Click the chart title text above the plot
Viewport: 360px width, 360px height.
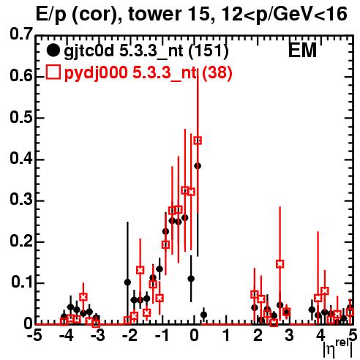pyautogui.click(x=192, y=14)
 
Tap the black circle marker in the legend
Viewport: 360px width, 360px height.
pyautogui.click(x=53, y=50)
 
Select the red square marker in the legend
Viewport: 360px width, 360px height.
pyautogui.click(x=53, y=72)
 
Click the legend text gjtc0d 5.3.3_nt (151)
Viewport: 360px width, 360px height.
pyautogui.click(x=146, y=51)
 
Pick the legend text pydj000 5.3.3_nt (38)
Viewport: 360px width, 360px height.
pyautogui.click(x=148, y=72)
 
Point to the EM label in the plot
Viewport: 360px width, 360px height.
pyautogui.click(x=302, y=50)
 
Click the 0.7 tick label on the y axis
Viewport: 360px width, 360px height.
pyautogui.click(x=21, y=34)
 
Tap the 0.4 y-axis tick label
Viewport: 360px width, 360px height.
pyautogui.click(x=21, y=159)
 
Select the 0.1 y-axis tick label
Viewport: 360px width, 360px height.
pyautogui.click(x=22, y=282)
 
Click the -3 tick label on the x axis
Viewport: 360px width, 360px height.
pyautogui.click(x=97, y=335)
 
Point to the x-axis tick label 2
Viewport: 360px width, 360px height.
pyautogui.click(x=258, y=335)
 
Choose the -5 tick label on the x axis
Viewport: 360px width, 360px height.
pyautogui.click(x=34, y=335)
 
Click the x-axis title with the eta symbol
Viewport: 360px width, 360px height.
pyautogui.click(x=338, y=348)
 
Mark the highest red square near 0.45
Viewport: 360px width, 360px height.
pyautogui.click(x=198, y=140)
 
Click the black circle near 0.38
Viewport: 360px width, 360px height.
pyautogui.click(x=198, y=166)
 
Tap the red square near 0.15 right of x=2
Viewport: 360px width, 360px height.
pyautogui.click(x=280, y=264)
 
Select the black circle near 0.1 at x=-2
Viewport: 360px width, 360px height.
pyautogui.click(x=127, y=282)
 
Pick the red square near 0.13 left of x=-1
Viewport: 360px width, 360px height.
pyautogui.click(x=140, y=270)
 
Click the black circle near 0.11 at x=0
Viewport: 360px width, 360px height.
pyautogui.click(x=191, y=279)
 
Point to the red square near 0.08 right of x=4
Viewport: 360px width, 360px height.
pyautogui.click(x=325, y=290)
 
